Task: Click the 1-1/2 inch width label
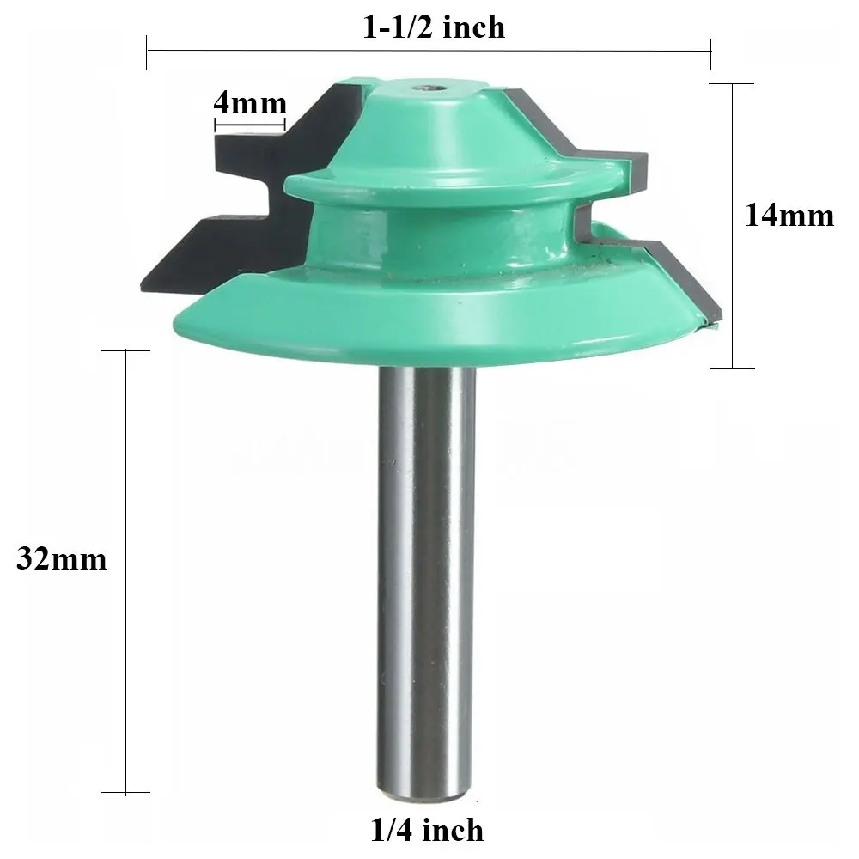(433, 27)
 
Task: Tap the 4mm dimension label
(250, 103)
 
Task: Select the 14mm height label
(789, 216)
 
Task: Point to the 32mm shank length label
(61, 559)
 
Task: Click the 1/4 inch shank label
(427, 830)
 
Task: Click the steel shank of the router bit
(427, 581)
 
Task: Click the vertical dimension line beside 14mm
(733, 226)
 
